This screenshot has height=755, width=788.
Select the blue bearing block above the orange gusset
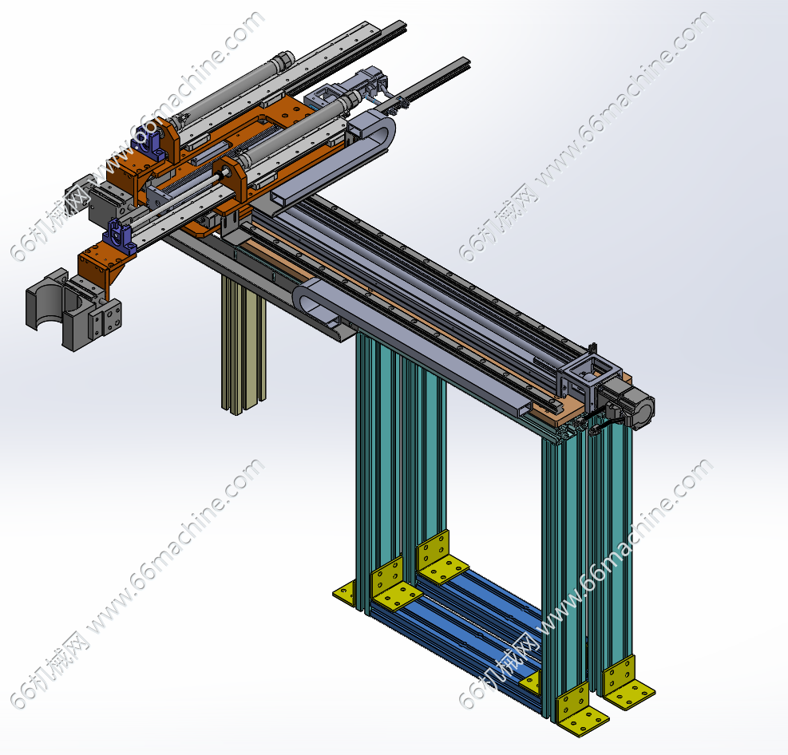click(x=119, y=235)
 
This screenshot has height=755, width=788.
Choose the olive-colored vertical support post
click(x=244, y=346)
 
